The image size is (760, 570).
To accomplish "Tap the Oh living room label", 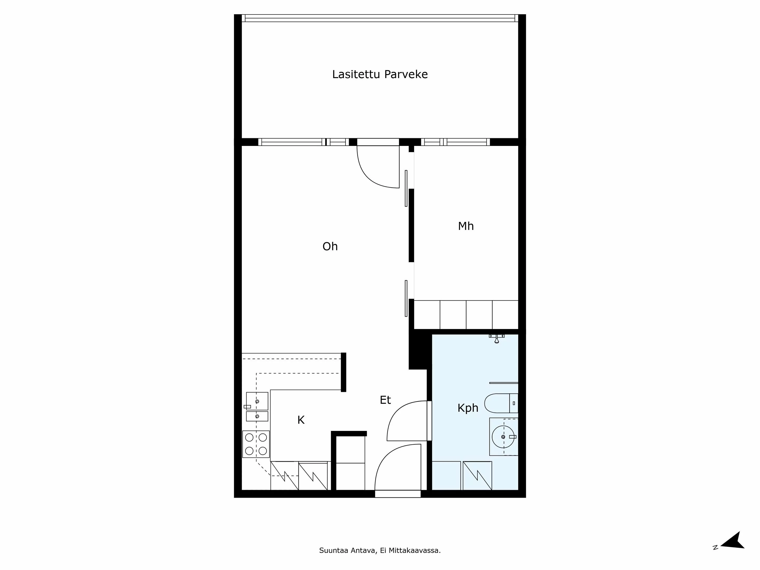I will pos(330,246).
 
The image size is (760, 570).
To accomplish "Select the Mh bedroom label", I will pos(465,226).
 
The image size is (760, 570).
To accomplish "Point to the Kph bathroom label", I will pos(468,408).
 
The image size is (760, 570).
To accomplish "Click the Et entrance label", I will pos(385,400).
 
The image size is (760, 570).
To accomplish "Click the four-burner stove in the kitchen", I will pos(256,444).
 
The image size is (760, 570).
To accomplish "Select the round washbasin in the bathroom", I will pos(503,437).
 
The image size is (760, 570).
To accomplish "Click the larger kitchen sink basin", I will pos(257,401).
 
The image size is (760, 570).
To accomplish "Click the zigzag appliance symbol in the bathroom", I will pos(477,476).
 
